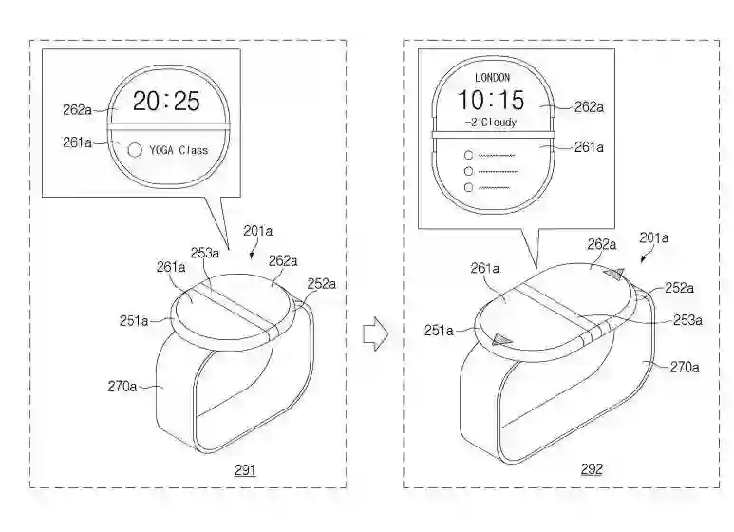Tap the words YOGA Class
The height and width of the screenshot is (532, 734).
coord(180,150)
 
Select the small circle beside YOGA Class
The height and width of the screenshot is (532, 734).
coord(134,149)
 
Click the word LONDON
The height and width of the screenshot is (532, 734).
coord(491,76)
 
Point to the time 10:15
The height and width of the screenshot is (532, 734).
coord(491,101)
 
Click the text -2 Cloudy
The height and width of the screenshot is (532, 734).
coord(491,123)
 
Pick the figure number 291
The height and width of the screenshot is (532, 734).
coord(244,469)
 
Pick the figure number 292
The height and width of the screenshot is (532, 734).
coord(591,469)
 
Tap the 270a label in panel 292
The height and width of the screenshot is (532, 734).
coord(685,366)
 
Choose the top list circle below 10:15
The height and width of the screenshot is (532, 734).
coord(466,153)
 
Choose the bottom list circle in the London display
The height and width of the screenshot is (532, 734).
coord(466,188)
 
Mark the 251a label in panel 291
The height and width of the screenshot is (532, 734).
coord(132,321)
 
